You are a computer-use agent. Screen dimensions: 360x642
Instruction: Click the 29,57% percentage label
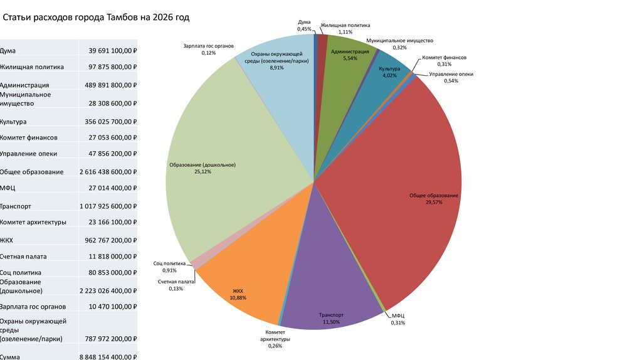click(434, 203)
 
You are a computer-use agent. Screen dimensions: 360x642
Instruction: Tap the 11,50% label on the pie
click(331, 322)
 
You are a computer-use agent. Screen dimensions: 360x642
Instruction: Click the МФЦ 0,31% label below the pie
click(398, 319)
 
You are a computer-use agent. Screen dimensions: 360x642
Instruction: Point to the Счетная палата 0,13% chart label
click(176, 285)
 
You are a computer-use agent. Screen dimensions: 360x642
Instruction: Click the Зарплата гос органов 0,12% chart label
click(209, 50)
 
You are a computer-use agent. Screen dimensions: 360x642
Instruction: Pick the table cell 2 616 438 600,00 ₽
click(108, 172)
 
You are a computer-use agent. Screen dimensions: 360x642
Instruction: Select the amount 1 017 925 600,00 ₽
click(108, 206)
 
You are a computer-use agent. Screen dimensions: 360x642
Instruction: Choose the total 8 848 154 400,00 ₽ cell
click(108, 356)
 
